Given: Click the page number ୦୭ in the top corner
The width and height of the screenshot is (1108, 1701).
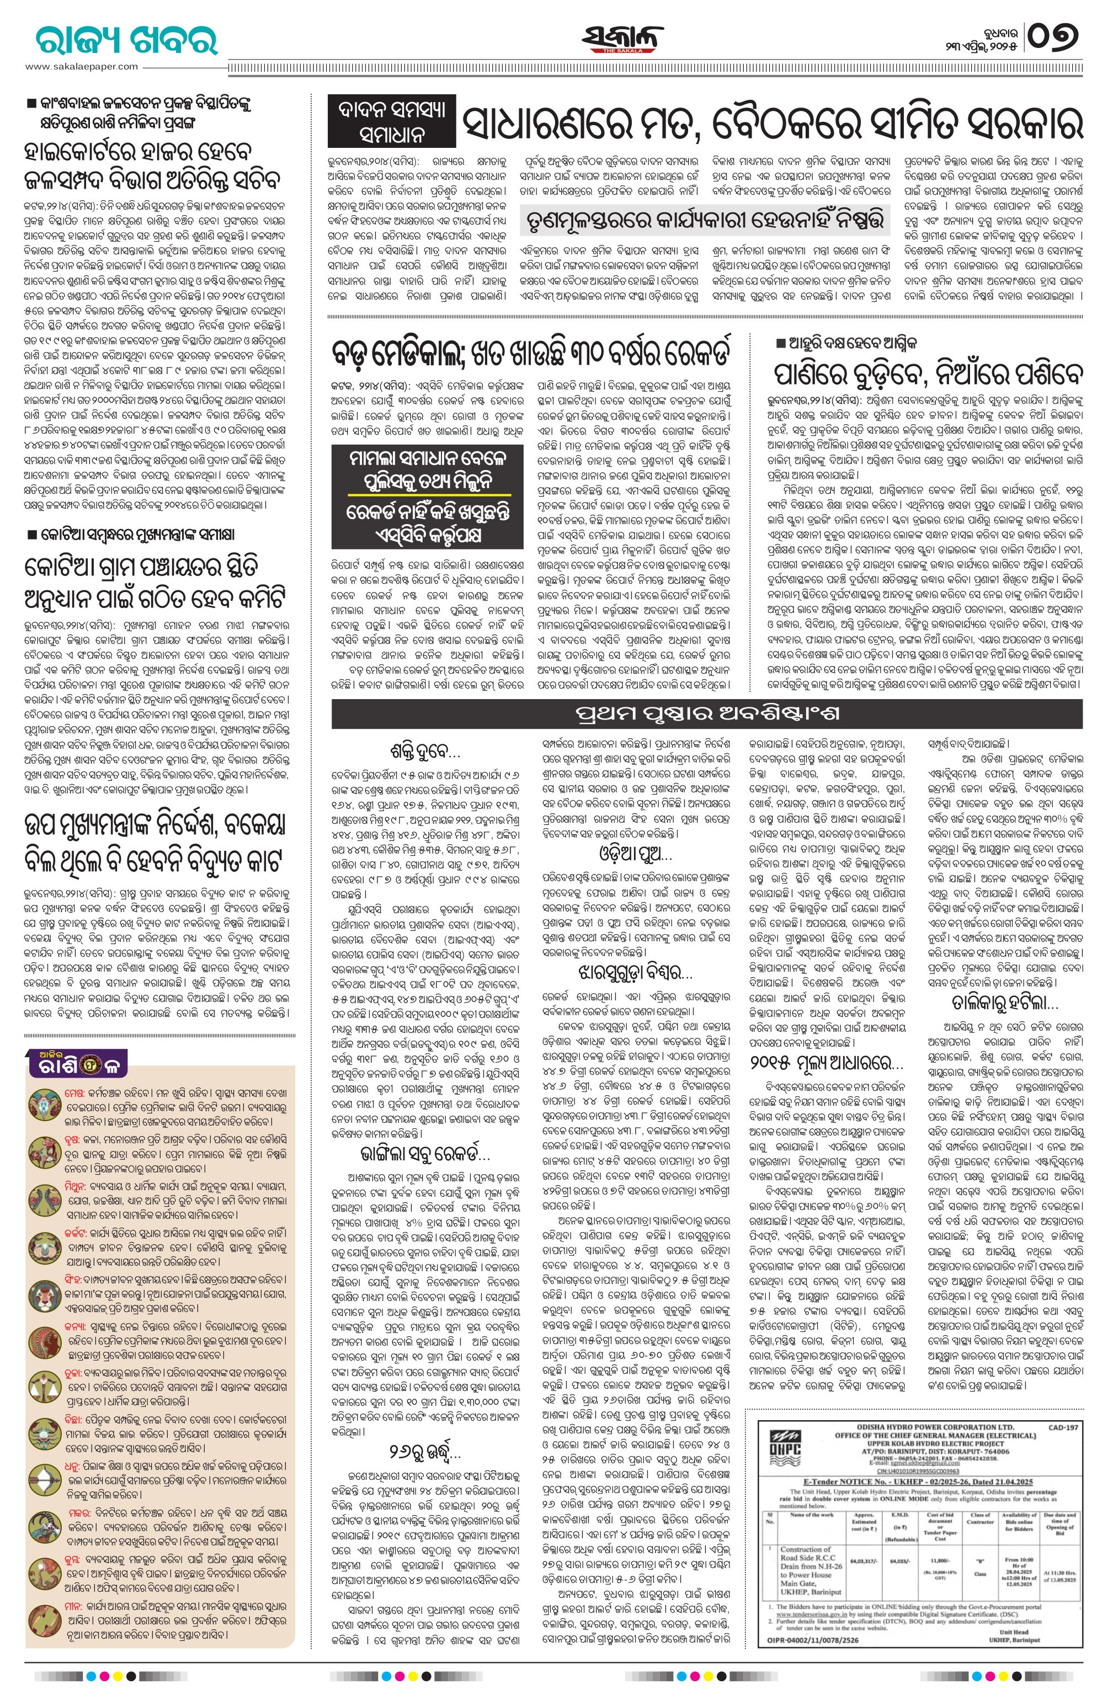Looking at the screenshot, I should [x=1054, y=36].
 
